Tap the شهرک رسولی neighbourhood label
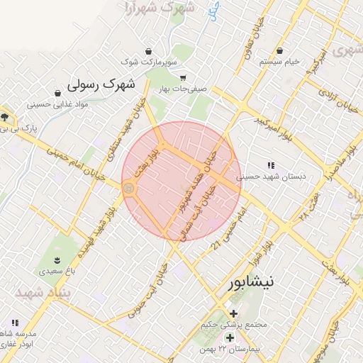point(101,84)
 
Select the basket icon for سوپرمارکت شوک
point(148,52)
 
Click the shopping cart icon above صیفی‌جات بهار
point(183,78)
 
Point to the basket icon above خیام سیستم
point(280,51)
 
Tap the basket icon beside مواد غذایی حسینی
point(57,93)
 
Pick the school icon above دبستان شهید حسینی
point(271,165)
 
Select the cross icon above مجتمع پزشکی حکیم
point(233,313)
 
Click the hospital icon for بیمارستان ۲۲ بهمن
point(229,337)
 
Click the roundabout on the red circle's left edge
point(129,188)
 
